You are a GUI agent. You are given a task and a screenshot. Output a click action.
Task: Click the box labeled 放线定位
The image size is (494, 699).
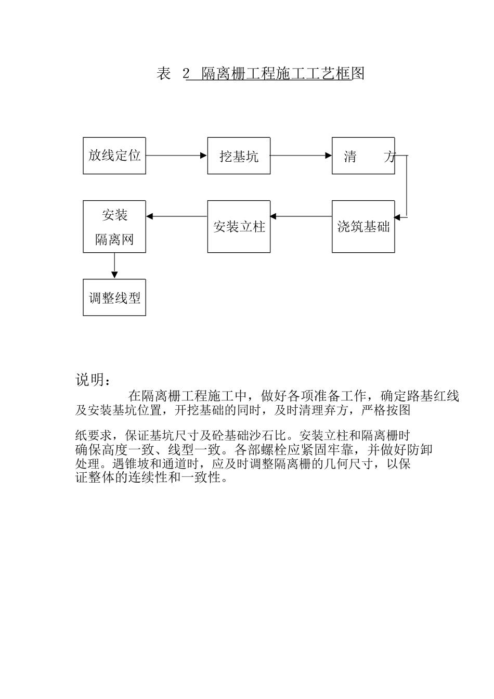114,156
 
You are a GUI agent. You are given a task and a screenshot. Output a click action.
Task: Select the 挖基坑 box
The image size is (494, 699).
239,156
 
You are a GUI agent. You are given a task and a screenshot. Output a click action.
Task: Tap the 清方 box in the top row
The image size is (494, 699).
363,156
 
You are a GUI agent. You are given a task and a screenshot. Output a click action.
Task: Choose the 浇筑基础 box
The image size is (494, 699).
363,227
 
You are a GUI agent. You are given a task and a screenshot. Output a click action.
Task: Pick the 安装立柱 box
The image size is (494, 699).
239,227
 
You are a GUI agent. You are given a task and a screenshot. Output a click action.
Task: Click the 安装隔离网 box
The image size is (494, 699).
114,227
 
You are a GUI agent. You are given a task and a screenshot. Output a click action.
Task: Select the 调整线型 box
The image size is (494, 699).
114,297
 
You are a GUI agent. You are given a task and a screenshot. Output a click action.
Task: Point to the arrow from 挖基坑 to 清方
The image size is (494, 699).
301,155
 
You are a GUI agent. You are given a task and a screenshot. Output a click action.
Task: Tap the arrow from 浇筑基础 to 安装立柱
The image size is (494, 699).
301,216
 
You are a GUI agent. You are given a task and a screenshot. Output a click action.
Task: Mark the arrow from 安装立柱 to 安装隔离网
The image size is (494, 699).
176,216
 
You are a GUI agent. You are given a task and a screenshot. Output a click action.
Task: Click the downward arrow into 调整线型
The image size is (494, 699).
114,266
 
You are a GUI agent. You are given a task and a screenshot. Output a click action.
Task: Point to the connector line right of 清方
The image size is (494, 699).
406,185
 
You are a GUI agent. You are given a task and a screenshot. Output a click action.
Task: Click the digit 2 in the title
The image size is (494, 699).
186,74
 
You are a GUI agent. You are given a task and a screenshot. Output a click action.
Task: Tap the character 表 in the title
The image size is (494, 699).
164,74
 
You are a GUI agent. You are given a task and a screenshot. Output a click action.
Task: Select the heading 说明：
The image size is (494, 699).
93,380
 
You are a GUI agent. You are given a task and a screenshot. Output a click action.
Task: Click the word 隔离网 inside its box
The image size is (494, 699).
114,239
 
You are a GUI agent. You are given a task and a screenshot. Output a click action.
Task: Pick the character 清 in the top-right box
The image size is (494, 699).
350,157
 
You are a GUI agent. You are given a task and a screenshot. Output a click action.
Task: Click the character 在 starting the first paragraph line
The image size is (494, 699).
135,396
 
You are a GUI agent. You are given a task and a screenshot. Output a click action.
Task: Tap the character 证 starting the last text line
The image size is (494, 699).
82,477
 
